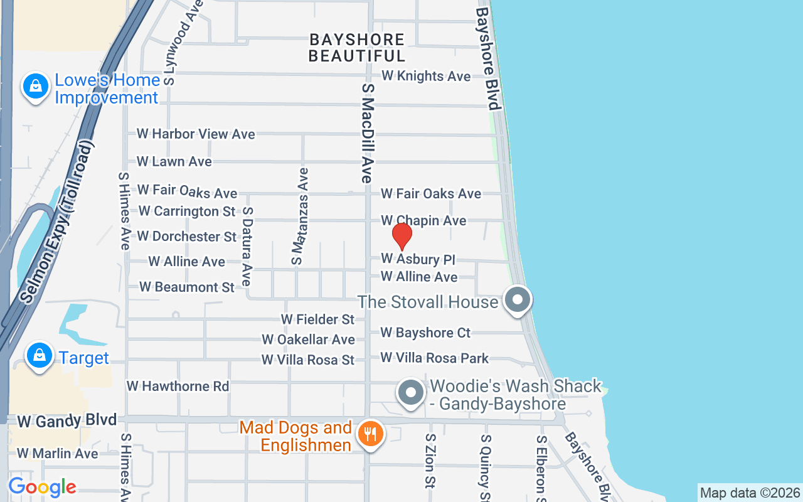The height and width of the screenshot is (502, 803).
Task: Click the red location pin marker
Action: click(402, 237)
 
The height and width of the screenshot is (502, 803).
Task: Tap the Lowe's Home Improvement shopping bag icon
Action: click(36, 87)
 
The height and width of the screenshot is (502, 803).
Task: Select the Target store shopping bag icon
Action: click(40, 356)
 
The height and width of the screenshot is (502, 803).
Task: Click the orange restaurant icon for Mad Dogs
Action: click(371, 434)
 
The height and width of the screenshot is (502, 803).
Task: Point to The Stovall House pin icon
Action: click(518, 300)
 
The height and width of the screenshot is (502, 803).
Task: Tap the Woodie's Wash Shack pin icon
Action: click(411, 393)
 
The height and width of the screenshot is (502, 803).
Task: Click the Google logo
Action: click(42, 487)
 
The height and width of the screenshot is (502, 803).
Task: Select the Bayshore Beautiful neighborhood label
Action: click(357, 48)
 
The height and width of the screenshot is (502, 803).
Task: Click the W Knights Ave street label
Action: click(426, 76)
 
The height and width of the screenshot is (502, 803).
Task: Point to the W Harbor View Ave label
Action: click(196, 134)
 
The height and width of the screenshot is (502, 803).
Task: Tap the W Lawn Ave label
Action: click(174, 161)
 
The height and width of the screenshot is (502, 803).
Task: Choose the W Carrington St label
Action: click(187, 211)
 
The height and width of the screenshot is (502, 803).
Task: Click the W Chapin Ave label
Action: click(423, 220)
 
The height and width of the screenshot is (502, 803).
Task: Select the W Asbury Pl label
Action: click(418, 259)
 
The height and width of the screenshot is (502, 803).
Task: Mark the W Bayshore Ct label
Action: click(425, 333)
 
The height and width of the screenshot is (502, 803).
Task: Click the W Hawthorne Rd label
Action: click(178, 386)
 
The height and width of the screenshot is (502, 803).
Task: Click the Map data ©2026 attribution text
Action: click(750, 493)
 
